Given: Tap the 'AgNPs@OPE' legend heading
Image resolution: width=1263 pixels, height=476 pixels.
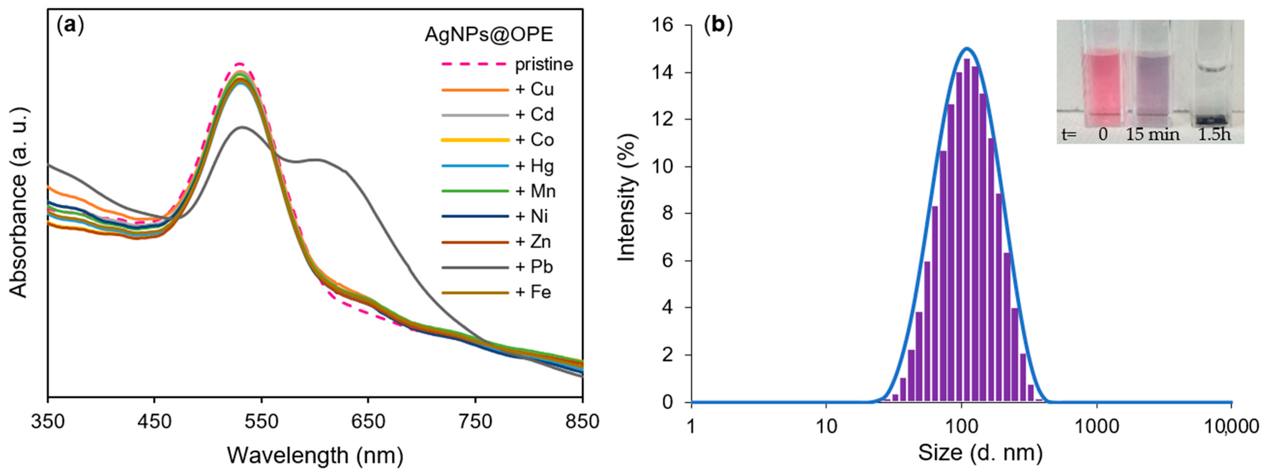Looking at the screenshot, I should (489, 34).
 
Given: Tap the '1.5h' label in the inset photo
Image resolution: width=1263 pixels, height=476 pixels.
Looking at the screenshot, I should (1214, 134).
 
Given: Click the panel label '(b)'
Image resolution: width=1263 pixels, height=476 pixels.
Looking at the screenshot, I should (718, 25).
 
